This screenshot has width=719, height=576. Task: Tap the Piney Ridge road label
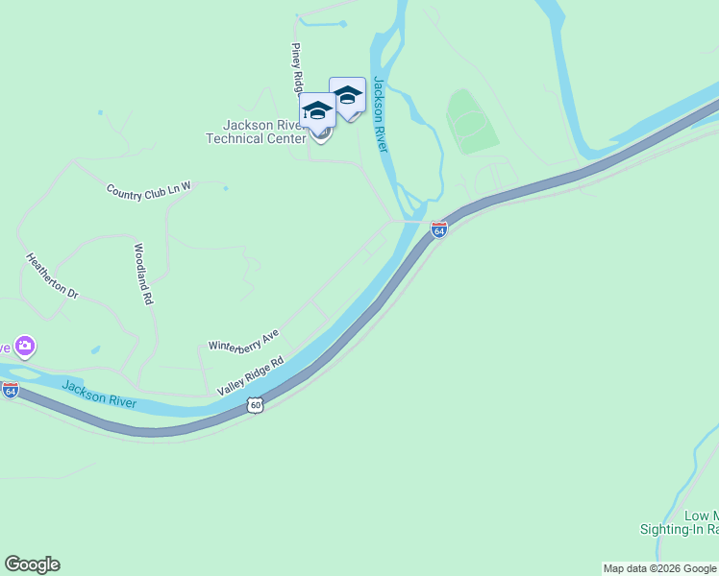tap(298, 67)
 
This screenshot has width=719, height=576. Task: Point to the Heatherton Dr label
tap(50, 276)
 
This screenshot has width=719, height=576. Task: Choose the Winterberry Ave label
tap(244, 339)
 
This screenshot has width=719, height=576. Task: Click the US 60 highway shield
tap(255, 405)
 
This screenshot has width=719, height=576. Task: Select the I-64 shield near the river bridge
tap(439, 230)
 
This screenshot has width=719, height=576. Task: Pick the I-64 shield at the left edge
tap(11, 391)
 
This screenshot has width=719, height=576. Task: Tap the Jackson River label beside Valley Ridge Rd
tap(99, 394)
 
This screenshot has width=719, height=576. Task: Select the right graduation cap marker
tap(347, 95)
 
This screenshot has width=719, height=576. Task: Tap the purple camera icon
tap(25, 346)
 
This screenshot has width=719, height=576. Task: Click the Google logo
tap(32, 564)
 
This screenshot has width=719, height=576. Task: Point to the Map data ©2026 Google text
tap(659, 568)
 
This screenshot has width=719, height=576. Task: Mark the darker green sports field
tap(472, 122)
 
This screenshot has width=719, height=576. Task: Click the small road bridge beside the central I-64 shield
tap(412, 221)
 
